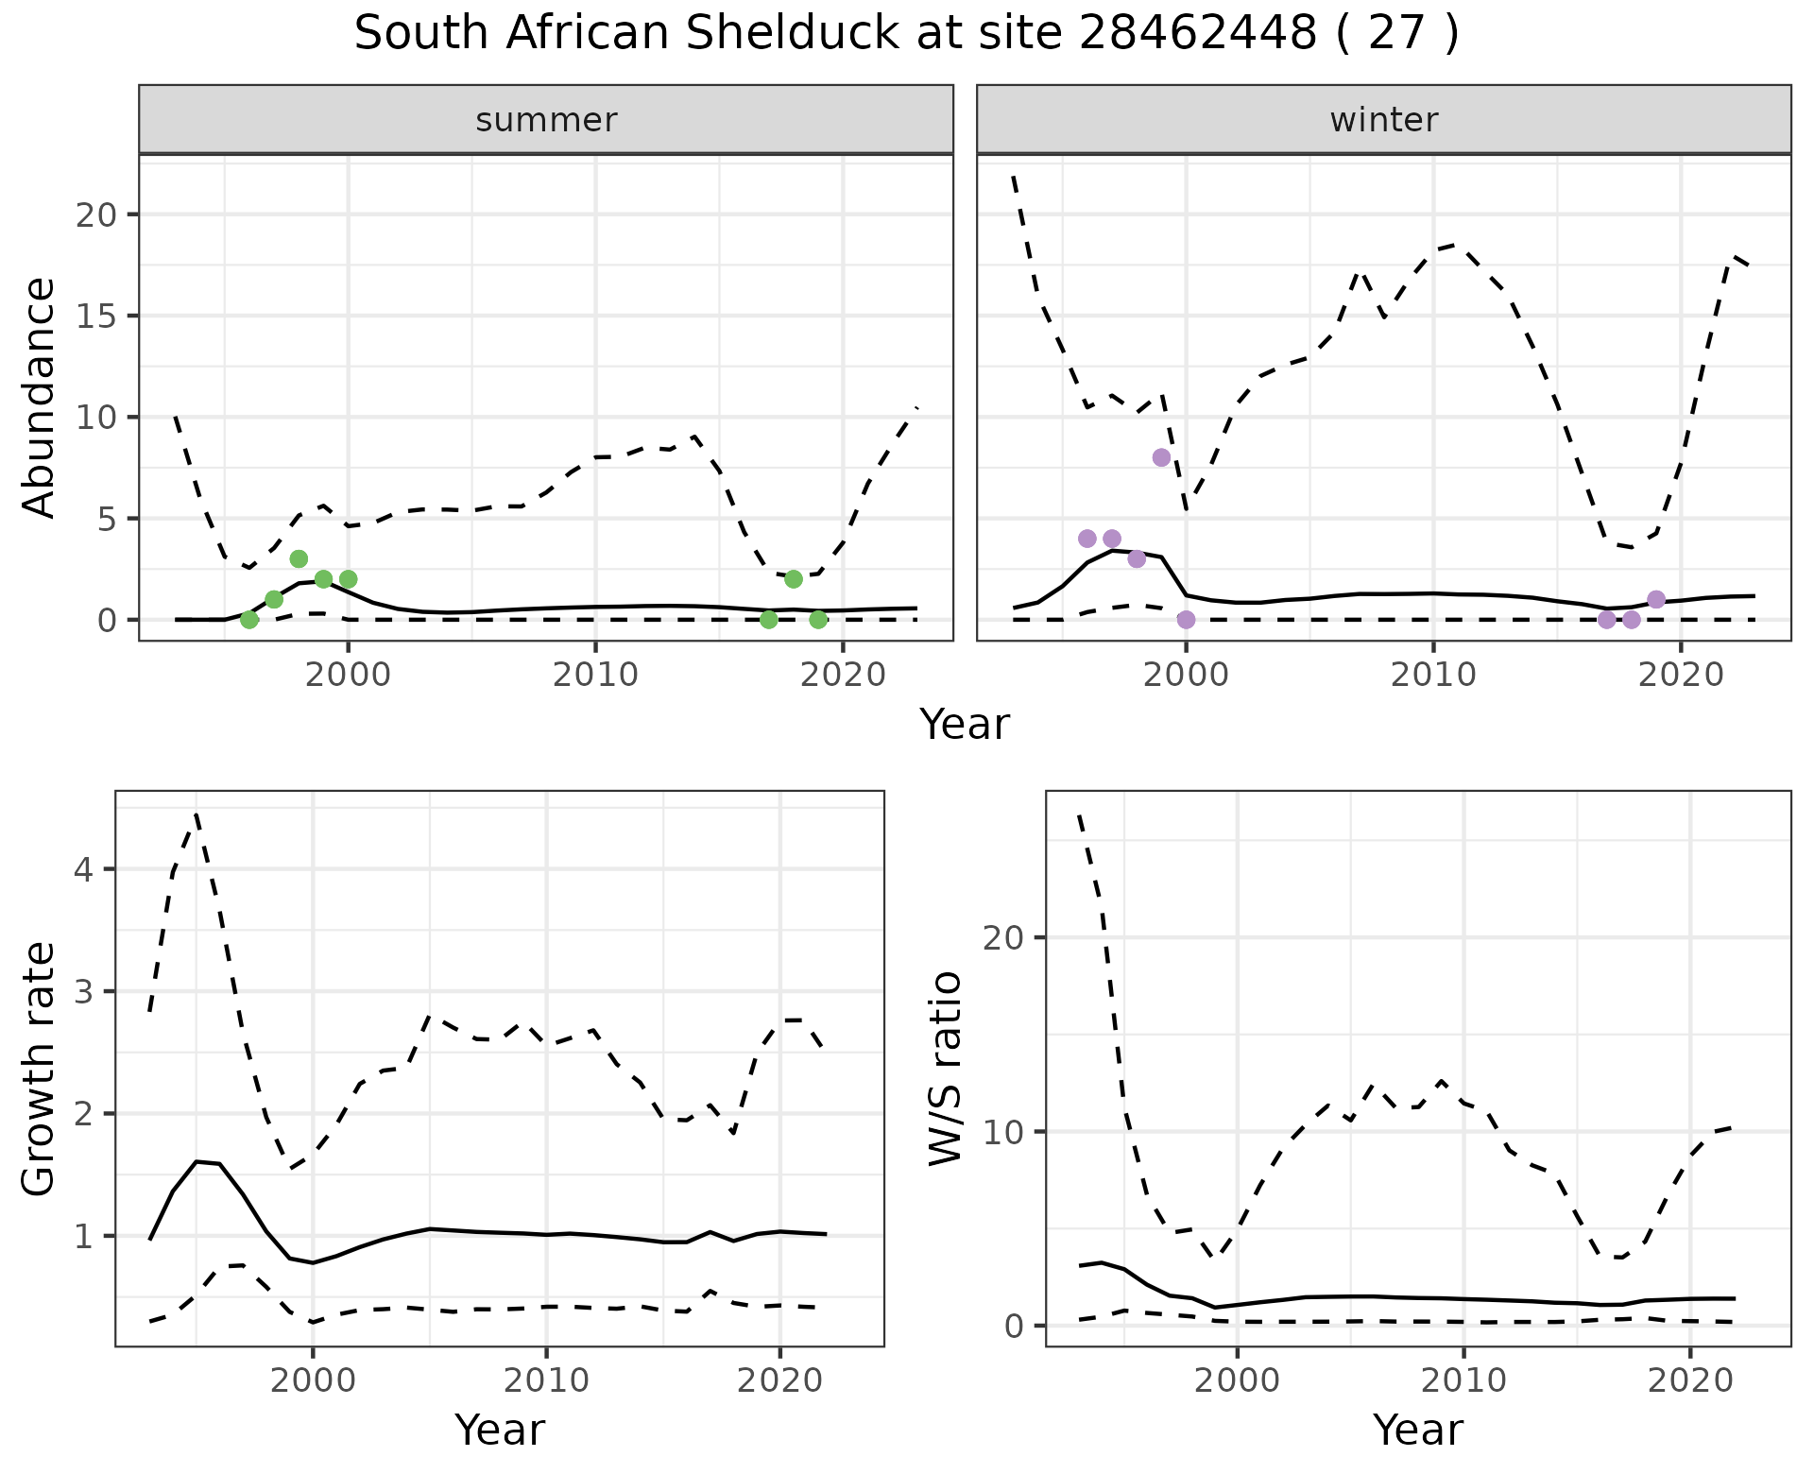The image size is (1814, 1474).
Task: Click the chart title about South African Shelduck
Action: click(906, 34)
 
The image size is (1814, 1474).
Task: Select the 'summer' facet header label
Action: click(546, 120)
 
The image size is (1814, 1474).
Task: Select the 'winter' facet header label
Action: click(1383, 120)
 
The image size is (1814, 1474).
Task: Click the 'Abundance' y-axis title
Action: click(39, 397)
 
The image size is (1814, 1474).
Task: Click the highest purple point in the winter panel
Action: click(1161, 457)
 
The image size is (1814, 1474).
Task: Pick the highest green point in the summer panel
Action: click(299, 558)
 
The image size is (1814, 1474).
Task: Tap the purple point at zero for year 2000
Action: click(1187, 620)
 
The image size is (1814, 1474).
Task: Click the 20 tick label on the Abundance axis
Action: click(95, 214)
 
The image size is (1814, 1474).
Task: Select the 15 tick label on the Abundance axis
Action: click(95, 316)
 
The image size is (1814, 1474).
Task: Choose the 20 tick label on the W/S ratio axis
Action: click(1012, 937)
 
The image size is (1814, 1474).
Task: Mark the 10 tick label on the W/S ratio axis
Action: click(1012, 1132)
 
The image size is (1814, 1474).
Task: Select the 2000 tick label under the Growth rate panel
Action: click(313, 1380)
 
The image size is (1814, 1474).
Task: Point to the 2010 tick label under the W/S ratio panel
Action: click(1463, 1380)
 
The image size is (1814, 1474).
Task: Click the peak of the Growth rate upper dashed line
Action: click(196, 813)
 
